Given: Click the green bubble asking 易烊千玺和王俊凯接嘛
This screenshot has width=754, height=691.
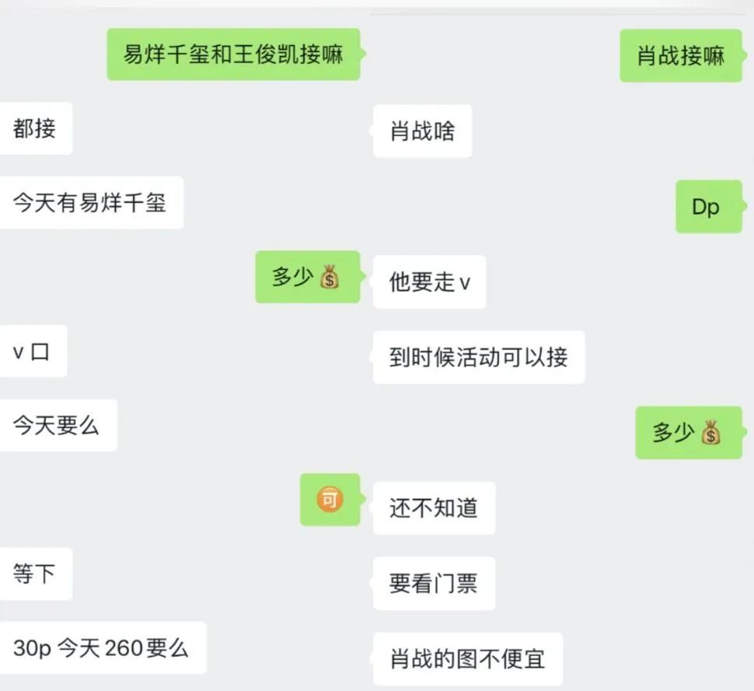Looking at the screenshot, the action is click(x=233, y=54).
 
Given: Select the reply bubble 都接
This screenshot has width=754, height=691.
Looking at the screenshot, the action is click(x=35, y=128).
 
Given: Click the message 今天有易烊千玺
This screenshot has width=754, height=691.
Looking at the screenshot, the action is click(x=89, y=202).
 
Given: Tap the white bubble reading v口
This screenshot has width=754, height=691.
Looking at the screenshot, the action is click(x=32, y=351).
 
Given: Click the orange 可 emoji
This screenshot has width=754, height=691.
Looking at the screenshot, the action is click(x=330, y=500).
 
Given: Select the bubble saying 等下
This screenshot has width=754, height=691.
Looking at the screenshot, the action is click(x=35, y=574).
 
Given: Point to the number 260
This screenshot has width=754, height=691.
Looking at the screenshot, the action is click(x=123, y=648).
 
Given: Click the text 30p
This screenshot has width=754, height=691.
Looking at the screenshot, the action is click(x=32, y=648).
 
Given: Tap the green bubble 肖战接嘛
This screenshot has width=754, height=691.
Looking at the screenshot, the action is click(x=681, y=55).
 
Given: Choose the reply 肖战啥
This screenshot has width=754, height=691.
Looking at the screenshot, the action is click(x=422, y=131).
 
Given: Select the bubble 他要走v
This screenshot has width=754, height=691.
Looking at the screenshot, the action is click(x=429, y=282).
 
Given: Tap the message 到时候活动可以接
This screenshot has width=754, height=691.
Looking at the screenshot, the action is click(x=478, y=357).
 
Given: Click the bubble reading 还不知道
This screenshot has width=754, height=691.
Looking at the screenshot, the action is click(x=434, y=508).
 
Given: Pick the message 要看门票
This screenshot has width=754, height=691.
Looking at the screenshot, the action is click(x=434, y=583).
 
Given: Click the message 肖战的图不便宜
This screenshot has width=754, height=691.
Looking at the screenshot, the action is click(x=467, y=658).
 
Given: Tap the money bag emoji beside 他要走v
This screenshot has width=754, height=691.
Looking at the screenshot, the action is click(x=330, y=277).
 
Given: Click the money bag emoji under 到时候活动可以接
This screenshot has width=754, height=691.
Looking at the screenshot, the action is click(x=710, y=433).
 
